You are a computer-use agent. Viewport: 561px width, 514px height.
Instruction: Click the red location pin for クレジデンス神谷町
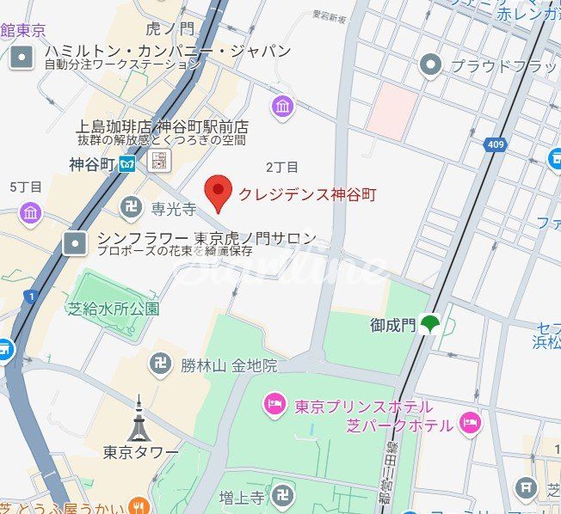[x=219, y=193]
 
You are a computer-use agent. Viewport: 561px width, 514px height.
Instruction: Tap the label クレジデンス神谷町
[x=307, y=195]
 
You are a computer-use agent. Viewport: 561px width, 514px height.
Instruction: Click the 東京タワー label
[x=140, y=452]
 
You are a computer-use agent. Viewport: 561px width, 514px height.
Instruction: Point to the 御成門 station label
[x=392, y=325]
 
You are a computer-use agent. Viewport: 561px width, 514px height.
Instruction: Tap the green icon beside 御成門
[x=429, y=325]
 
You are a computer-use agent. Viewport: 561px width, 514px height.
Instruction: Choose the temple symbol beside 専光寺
[x=131, y=207]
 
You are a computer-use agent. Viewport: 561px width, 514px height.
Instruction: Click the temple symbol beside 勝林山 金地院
[x=160, y=365]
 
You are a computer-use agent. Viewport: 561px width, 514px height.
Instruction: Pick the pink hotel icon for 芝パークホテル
[x=470, y=422]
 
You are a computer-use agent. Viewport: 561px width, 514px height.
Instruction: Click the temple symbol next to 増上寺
[x=282, y=494]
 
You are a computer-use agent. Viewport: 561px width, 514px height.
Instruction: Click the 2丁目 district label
[x=282, y=166]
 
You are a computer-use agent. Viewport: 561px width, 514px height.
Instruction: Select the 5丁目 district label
[x=26, y=187]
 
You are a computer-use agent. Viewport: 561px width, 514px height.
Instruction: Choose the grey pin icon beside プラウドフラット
[x=429, y=64]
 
